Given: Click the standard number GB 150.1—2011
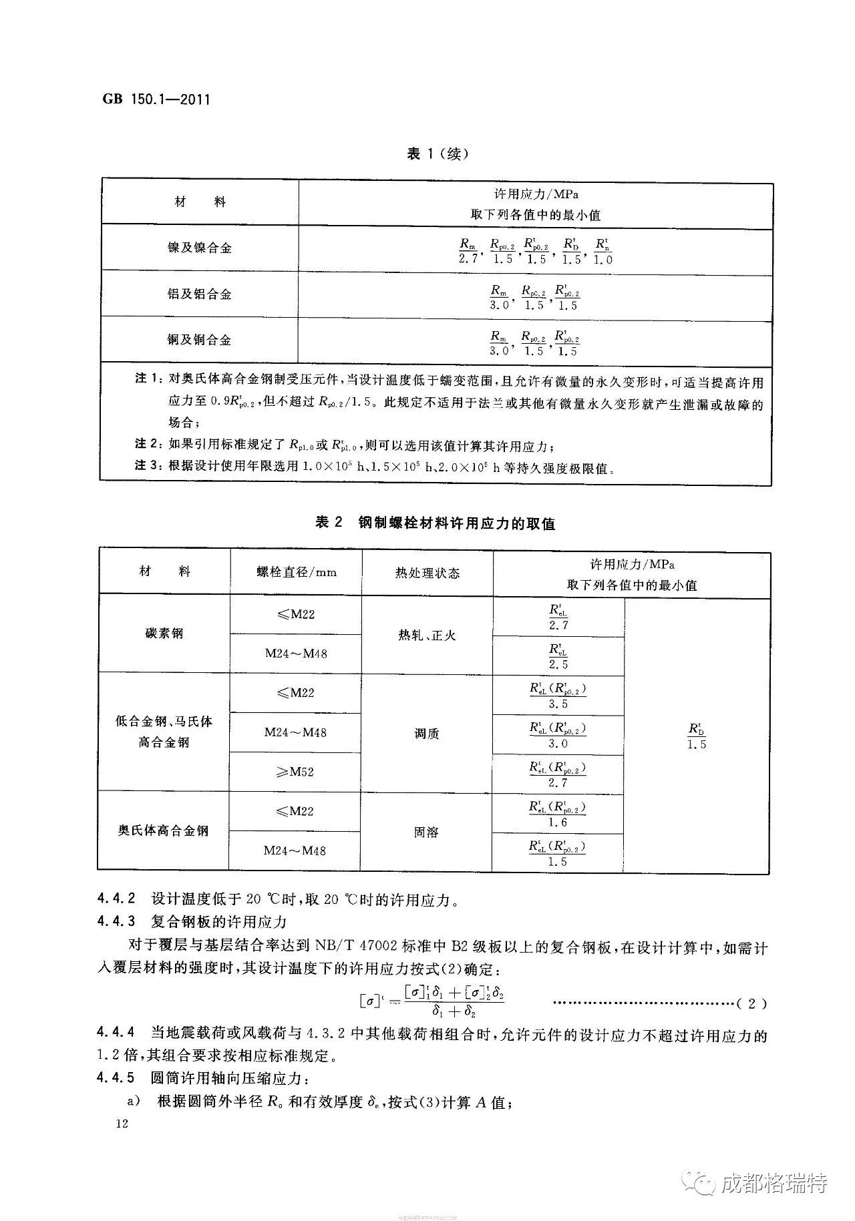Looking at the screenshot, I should tap(156, 100).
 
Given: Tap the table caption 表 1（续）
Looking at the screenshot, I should tap(438, 154).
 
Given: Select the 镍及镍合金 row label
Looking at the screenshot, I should tap(199, 248).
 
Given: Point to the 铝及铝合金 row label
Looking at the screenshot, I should tap(199, 294).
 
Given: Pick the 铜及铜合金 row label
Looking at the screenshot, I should tap(199, 340).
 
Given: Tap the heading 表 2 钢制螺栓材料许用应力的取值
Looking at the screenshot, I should tap(435, 523).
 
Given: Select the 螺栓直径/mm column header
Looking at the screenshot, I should tap(296, 572).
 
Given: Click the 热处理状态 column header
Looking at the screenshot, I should tap(427, 573).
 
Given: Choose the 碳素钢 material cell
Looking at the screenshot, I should tap(164, 633).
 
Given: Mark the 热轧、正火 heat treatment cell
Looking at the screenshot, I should tap(427, 635).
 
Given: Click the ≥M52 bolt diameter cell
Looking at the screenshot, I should tap(295, 772).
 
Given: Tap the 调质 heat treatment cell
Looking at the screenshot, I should tap(427, 733).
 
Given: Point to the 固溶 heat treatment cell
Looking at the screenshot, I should tap(426, 832).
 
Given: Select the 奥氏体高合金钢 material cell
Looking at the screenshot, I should tap(164, 830).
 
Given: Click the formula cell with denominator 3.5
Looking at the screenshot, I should tap(558, 694).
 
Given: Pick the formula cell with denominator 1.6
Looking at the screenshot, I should tap(558, 814).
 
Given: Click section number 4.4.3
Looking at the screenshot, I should tap(116, 922).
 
